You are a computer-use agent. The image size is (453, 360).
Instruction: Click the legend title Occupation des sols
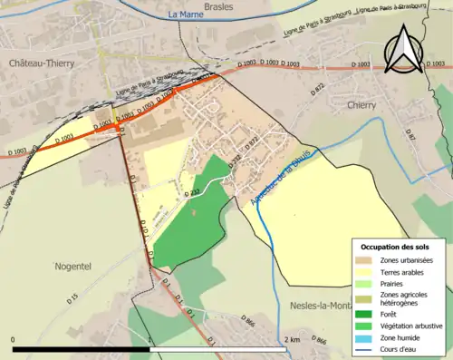pos(397,247)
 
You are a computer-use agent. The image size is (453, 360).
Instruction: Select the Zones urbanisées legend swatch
pos(367,261)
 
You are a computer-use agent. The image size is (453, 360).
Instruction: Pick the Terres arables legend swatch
pos(367,272)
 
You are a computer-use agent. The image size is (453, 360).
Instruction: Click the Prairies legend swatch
pos(367,283)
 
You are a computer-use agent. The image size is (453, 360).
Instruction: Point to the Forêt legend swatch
pos(367,315)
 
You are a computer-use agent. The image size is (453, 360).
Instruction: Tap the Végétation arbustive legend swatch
pos(367,326)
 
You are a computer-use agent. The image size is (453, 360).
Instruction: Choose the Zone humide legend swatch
pos(367,336)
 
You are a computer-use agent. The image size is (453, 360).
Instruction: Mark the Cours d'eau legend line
pos(367,346)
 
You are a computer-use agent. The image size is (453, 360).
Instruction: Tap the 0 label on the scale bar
pos(14,339)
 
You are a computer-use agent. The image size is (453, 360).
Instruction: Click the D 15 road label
pos(72,297)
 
